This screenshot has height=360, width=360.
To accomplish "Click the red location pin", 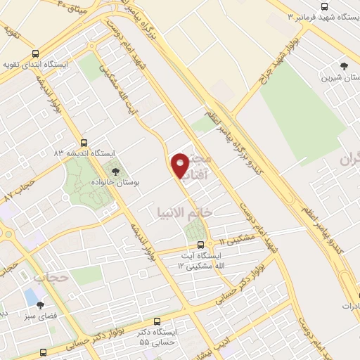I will [180, 166].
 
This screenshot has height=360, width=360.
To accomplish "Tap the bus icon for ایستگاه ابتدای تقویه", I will [36, 53].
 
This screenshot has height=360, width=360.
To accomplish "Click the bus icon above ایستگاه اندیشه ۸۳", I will [85, 141].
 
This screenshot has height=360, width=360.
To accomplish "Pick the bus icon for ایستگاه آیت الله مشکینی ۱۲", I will [201, 245].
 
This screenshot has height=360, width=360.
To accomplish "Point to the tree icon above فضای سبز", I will [40, 305].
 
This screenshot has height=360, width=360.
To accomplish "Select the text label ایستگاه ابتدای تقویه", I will [39, 64].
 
